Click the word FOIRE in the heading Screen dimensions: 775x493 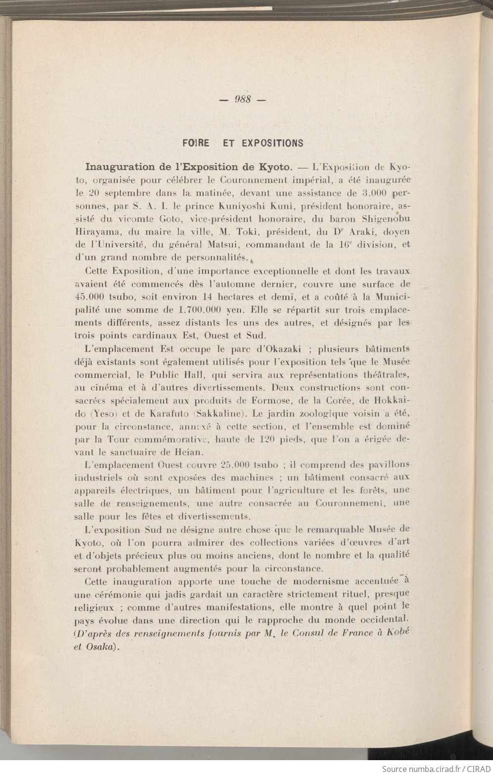[x=196, y=144]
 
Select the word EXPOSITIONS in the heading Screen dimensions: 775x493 [x=272, y=144]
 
